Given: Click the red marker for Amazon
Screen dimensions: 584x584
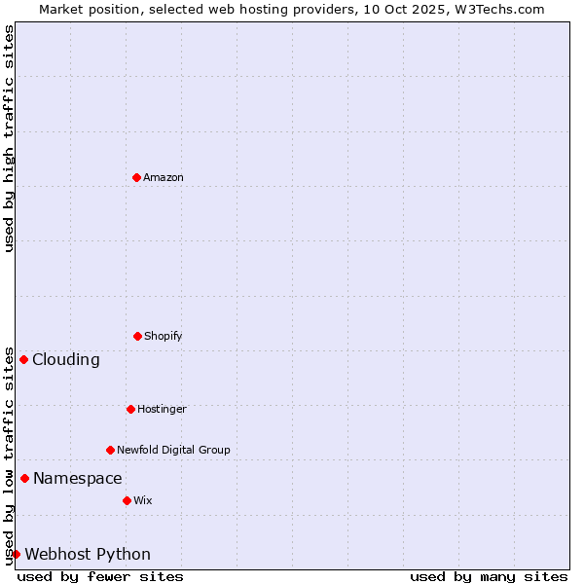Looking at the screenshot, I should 136,177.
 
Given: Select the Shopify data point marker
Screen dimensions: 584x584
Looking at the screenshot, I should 137,336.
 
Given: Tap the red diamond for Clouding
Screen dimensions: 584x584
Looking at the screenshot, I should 23,359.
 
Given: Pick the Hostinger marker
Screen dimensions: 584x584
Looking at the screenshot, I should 130,409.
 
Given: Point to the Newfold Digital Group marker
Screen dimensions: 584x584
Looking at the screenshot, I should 110,450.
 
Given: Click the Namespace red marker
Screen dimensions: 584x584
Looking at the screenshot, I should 24,478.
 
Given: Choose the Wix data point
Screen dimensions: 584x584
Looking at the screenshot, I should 127,500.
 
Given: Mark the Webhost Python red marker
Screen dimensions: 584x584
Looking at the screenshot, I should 16,554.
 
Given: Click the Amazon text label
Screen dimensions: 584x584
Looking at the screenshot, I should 164,177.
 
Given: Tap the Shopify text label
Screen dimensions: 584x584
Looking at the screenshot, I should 164,336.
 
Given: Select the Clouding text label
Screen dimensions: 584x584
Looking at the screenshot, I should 66,359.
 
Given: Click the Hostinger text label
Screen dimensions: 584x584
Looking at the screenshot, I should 162,409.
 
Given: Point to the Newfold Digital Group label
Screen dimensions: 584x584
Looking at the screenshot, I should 173,450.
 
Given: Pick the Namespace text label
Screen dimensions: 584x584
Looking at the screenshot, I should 78,478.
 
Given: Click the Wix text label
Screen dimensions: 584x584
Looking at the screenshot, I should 143,500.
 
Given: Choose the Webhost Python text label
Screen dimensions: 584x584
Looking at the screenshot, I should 88,554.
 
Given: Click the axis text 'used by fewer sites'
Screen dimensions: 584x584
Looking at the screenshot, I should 100,576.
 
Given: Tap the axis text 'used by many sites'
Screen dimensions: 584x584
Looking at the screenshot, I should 489,576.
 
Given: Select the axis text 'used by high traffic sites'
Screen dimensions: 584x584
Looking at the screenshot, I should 9,138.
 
